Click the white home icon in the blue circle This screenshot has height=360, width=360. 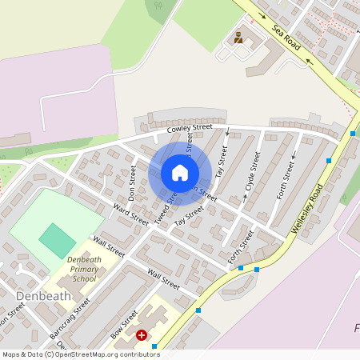[180, 173]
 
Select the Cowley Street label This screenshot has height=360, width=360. [190, 127]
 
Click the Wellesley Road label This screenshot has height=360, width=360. [307, 207]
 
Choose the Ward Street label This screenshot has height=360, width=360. [130, 214]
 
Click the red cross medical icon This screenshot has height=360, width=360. [142, 335]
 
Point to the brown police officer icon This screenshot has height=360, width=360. [238, 37]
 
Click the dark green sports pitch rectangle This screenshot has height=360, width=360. [57, 240]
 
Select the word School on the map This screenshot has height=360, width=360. [84, 279]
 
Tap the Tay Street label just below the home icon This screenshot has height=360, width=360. [190, 214]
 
